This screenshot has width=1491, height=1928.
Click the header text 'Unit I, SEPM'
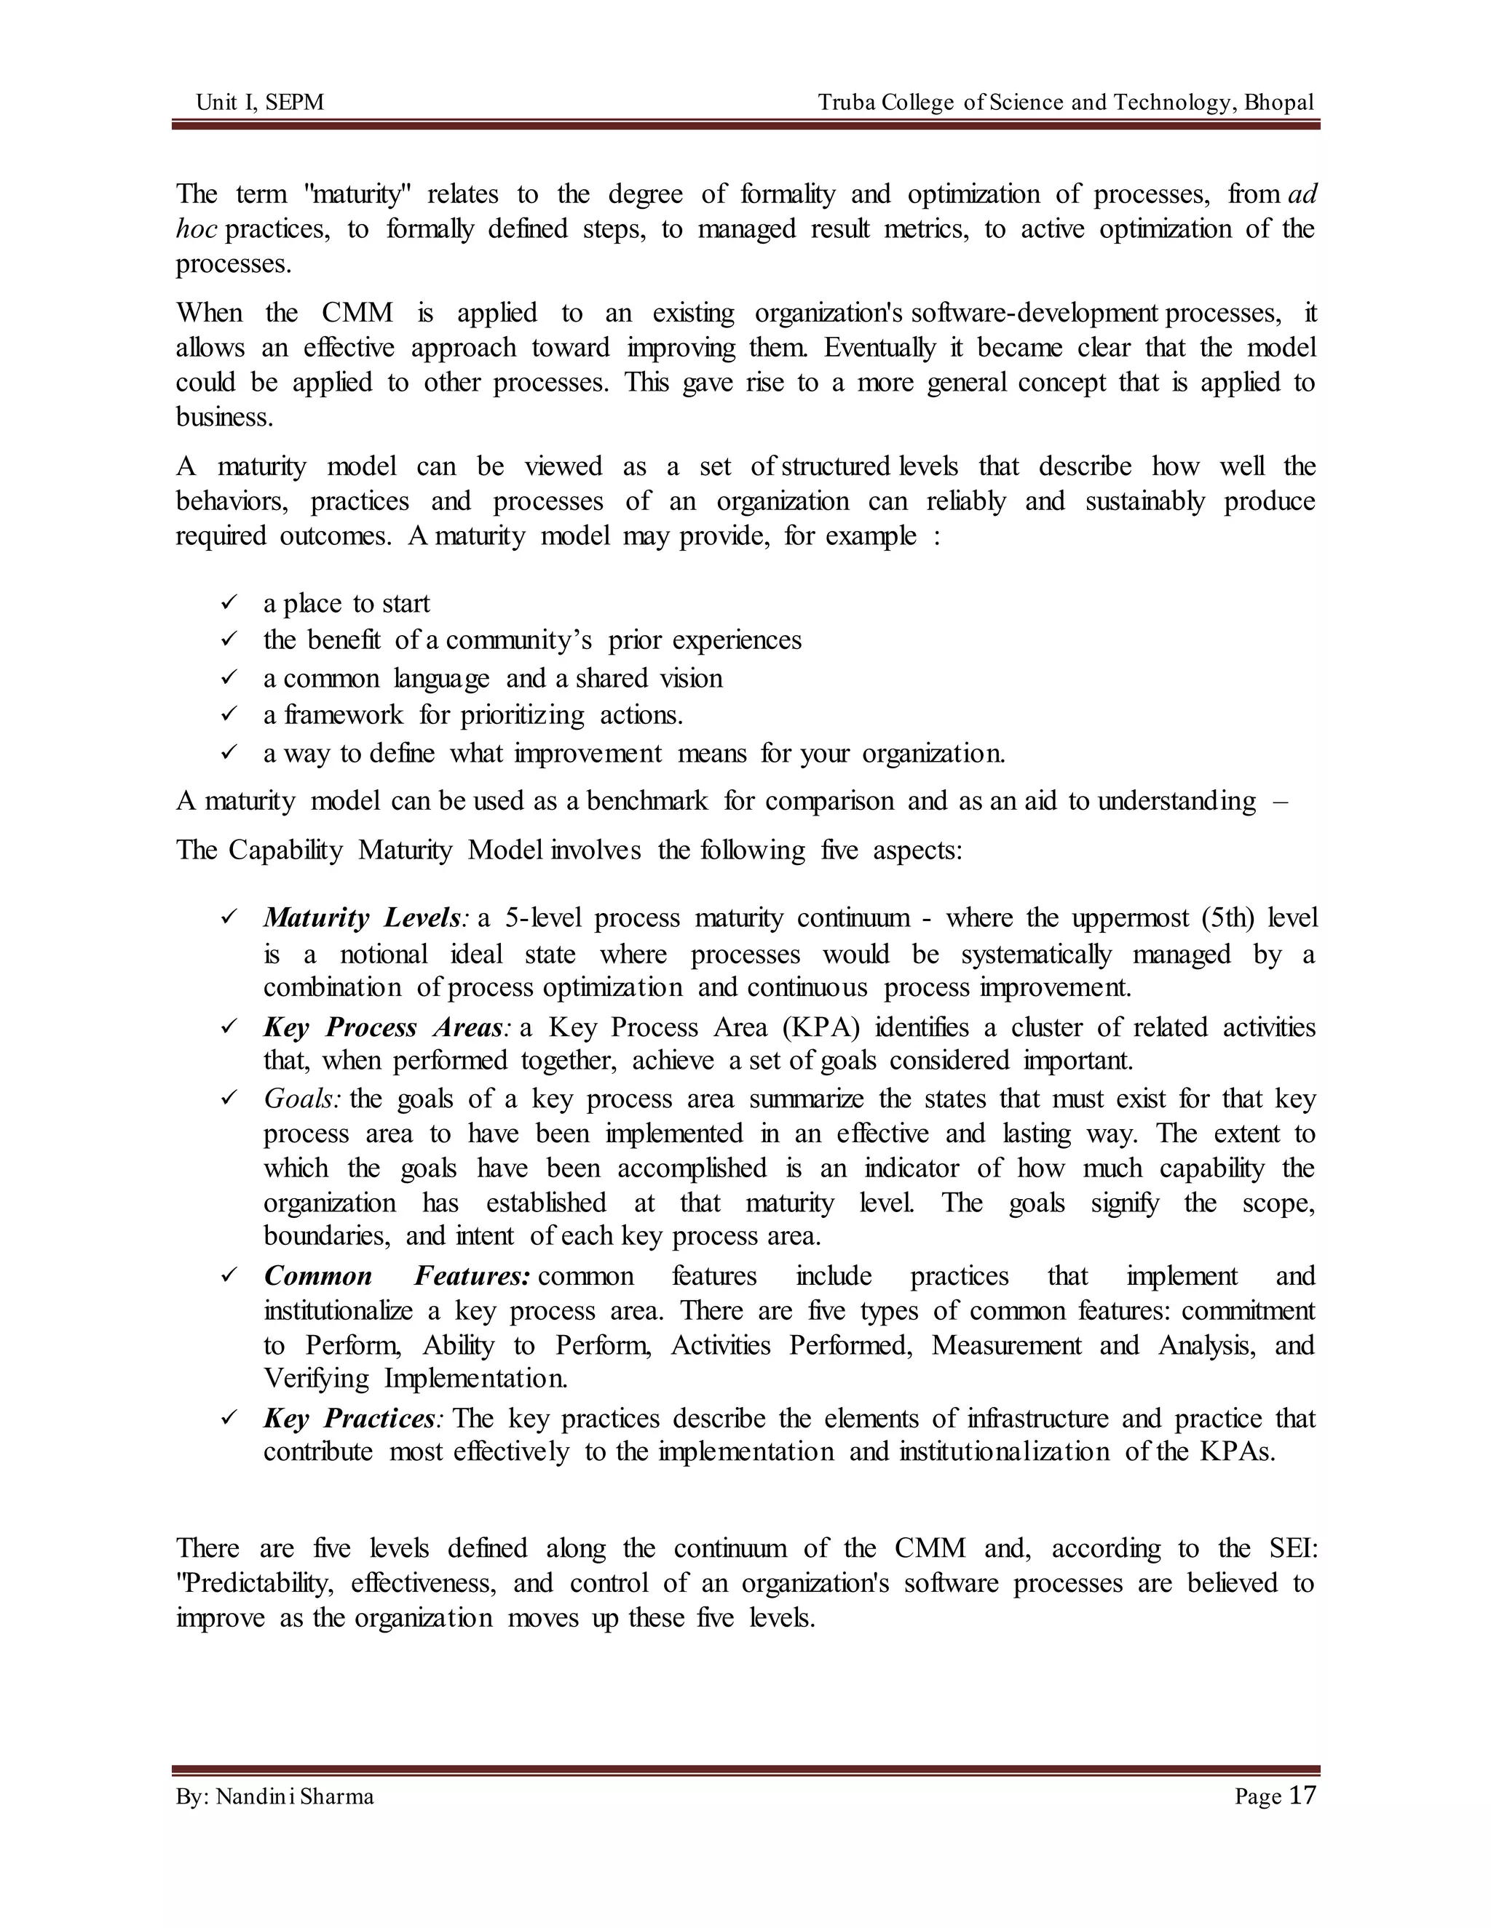pyautogui.click(x=260, y=103)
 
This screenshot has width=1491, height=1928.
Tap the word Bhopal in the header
pyautogui.click(x=1279, y=103)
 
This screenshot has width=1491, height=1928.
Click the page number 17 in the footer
pyautogui.click(x=1302, y=1796)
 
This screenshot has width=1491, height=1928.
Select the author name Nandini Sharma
pyautogui.click(x=294, y=1796)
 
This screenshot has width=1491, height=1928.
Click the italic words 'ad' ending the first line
pyautogui.click(x=1302, y=194)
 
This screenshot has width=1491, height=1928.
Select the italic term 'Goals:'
pyautogui.click(x=302, y=1099)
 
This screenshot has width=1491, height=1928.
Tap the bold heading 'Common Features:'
pyautogui.click(x=397, y=1277)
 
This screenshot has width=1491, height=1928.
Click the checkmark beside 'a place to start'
pyautogui.click(x=229, y=603)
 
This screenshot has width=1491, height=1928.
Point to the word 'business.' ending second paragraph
pyautogui.click(x=224, y=417)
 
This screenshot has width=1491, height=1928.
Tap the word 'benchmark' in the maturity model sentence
pyautogui.click(x=646, y=801)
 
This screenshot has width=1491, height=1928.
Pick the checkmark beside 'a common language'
pyautogui.click(x=229, y=677)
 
